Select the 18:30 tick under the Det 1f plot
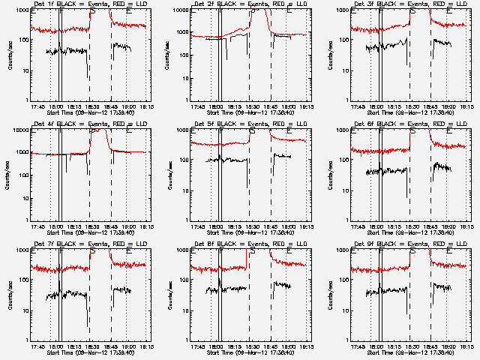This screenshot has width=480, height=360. click(x=90, y=106)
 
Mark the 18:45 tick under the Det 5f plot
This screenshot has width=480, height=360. click(x=270, y=226)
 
